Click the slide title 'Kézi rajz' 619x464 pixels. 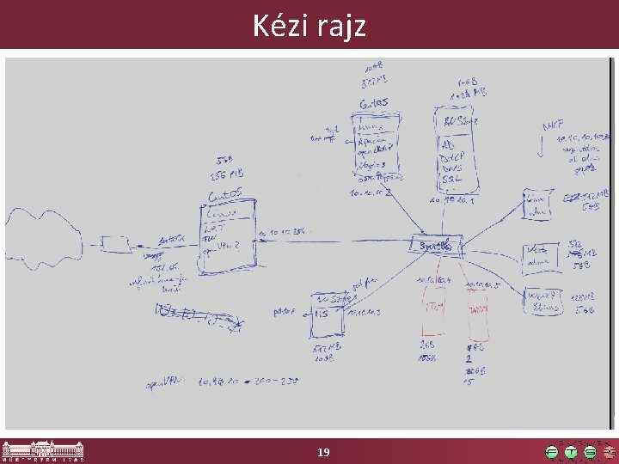(309, 26)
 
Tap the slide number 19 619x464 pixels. (323, 452)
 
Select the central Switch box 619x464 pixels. (437, 245)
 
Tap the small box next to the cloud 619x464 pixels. (114, 244)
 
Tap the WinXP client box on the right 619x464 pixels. (543, 300)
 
